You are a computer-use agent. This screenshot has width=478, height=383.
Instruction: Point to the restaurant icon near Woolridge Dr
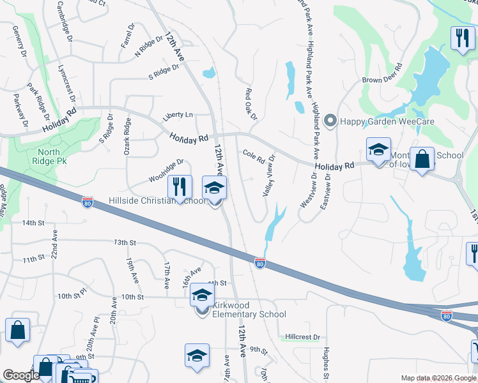(x=180, y=186)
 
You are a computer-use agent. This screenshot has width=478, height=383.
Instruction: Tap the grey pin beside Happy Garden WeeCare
(x=330, y=120)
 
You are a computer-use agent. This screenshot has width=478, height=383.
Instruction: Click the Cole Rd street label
(x=253, y=156)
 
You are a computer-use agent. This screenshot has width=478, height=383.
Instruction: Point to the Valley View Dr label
(x=268, y=175)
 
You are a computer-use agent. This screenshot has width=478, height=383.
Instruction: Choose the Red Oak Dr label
(x=251, y=104)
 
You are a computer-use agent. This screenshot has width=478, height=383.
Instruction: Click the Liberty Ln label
(x=178, y=115)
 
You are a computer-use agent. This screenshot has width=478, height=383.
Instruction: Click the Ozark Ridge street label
(x=127, y=136)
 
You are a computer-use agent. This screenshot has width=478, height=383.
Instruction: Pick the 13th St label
(x=125, y=243)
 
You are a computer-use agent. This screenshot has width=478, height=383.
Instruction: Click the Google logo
(x=21, y=376)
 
